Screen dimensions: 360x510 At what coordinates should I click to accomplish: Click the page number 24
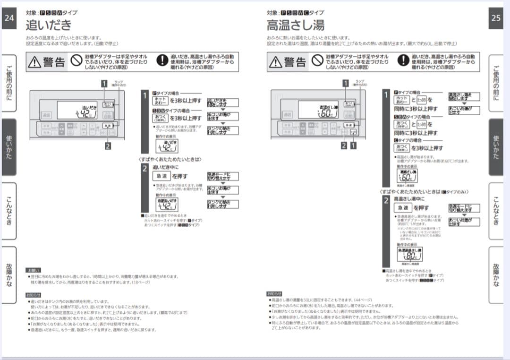coord(9,18)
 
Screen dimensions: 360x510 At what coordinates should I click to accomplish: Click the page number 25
coord(495,18)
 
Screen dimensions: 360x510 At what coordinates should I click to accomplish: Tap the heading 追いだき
coord(49,24)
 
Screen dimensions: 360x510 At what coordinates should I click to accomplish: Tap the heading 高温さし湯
coord(295,24)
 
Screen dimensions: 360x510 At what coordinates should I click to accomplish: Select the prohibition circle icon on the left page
coord(77,61)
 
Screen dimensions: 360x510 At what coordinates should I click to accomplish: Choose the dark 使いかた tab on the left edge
coord(9,146)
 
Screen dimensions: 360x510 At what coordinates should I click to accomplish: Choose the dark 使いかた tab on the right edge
coord(495,146)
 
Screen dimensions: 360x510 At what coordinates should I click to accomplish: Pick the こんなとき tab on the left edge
coord(9,211)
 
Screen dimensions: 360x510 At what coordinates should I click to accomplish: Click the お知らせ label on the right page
coord(274,293)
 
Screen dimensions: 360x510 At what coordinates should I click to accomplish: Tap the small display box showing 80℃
coord(409,255)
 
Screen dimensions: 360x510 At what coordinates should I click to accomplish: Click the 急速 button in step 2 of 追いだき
coord(161,176)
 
